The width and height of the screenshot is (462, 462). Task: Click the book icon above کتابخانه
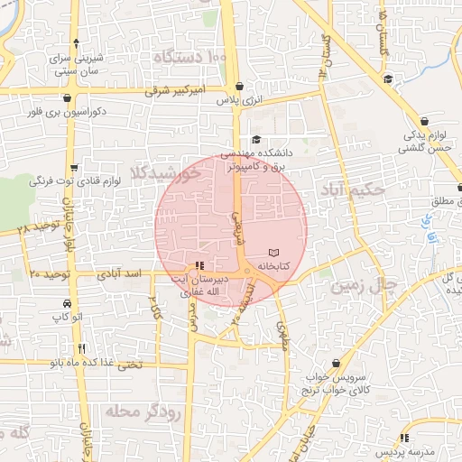point(275,253)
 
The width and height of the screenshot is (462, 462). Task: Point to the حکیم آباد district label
point(352,190)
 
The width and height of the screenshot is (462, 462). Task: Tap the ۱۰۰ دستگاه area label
point(189,58)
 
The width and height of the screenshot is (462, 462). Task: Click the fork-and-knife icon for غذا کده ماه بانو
point(82,348)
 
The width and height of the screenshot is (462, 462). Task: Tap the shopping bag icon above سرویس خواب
point(336,362)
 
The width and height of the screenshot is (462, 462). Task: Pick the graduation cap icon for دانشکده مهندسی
point(256,139)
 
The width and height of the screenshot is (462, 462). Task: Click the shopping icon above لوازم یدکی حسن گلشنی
point(424,120)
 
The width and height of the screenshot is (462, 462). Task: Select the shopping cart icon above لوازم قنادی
point(74,167)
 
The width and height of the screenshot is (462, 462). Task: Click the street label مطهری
point(281,336)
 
